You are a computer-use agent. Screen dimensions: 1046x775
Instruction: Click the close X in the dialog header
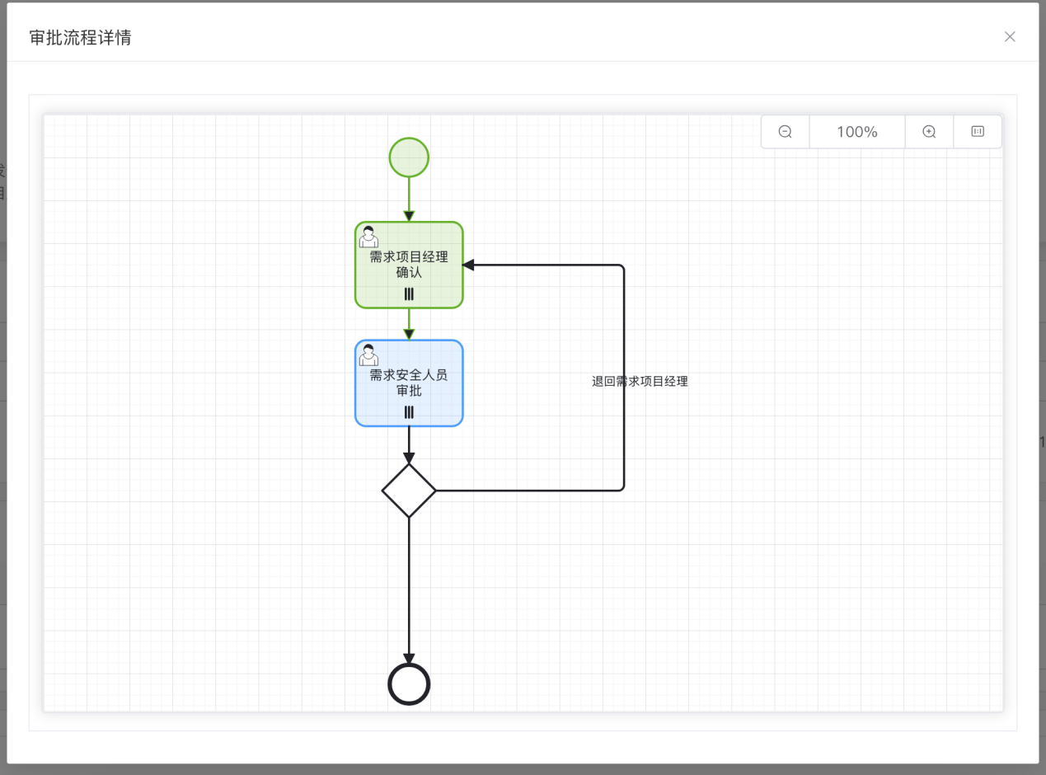pyautogui.click(x=1010, y=37)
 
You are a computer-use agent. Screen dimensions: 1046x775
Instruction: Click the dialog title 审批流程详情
pyautogui.click(x=80, y=38)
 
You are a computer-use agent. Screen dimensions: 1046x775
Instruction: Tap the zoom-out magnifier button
pyautogui.click(x=786, y=132)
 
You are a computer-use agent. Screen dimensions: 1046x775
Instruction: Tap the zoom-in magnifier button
pyautogui.click(x=929, y=132)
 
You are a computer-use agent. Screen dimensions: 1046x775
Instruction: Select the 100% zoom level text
pyautogui.click(x=857, y=132)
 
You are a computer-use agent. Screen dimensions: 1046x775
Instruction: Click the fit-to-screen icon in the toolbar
pyautogui.click(x=978, y=131)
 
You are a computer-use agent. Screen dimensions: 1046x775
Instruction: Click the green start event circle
pyautogui.click(x=409, y=157)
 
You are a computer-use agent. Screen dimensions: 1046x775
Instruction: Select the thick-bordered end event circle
pyautogui.click(x=409, y=684)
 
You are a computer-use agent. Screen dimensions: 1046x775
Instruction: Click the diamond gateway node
pyautogui.click(x=409, y=491)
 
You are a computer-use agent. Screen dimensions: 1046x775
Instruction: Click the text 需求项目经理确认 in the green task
pyautogui.click(x=409, y=265)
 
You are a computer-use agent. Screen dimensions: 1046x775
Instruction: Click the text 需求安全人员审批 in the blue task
pyautogui.click(x=409, y=383)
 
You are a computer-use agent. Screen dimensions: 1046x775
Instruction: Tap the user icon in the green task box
pyautogui.click(x=368, y=237)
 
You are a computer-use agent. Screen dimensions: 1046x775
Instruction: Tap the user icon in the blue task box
pyautogui.click(x=368, y=355)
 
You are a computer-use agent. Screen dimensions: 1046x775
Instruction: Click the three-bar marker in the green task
pyautogui.click(x=409, y=294)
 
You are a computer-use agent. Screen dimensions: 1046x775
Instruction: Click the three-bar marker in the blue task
pyautogui.click(x=409, y=413)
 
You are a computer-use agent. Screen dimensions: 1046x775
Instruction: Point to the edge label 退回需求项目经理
pyautogui.click(x=640, y=381)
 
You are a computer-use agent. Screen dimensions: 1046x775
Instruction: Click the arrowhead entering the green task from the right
pyautogui.click(x=469, y=265)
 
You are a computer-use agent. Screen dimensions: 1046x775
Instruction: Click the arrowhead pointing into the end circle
pyautogui.click(x=409, y=659)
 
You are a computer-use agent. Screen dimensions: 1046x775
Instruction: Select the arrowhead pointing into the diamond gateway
pyautogui.click(x=409, y=458)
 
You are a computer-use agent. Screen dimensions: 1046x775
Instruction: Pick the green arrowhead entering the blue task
pyautogui.click(x=409, y=335)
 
